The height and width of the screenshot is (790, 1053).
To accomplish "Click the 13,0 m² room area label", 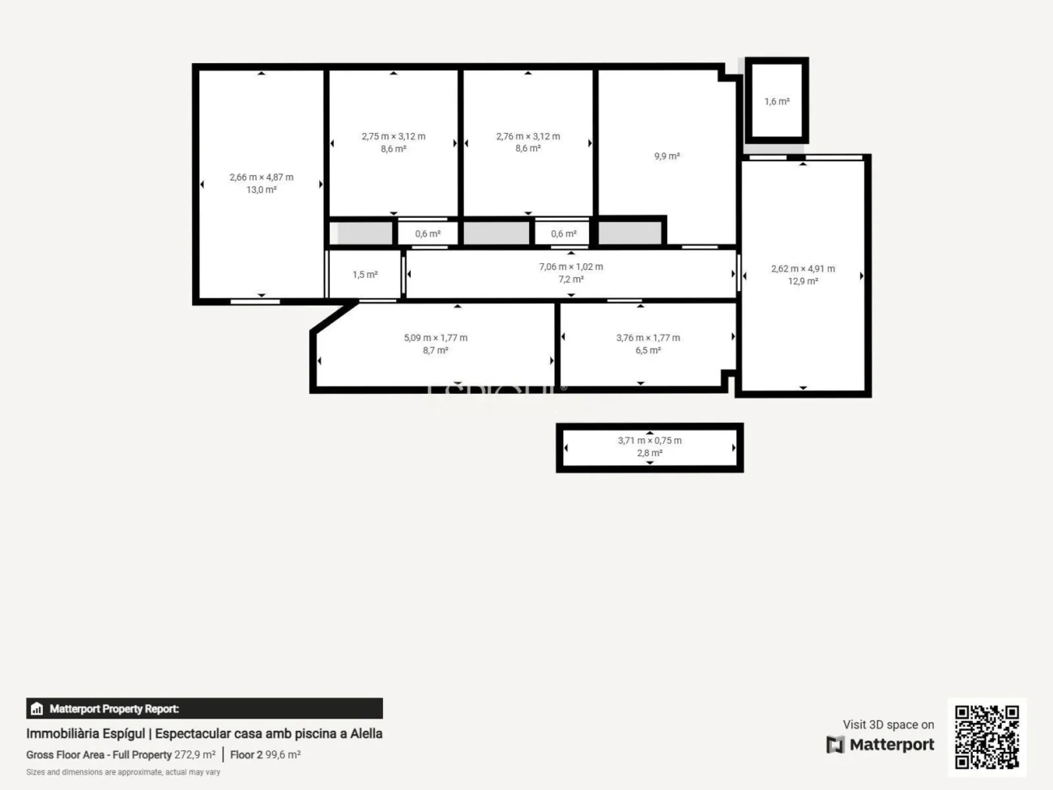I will (x=262, y=190).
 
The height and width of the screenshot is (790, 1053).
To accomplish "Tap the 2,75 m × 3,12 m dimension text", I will (x=394, y=136).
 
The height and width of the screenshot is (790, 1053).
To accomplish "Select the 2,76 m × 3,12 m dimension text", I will (x=528, y=136).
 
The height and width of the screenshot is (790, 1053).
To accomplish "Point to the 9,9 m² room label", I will (x=667, y=156).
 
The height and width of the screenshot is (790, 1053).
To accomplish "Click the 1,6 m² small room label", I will (x=777, y=102).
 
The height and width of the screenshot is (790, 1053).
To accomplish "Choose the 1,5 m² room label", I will (x=365, y=275).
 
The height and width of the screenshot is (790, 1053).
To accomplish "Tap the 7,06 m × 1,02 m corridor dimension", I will (x=571, y=267).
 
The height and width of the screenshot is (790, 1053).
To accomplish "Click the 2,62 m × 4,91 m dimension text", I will (x=803, y=268).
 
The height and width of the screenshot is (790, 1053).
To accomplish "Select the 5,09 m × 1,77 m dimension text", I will (x=436, y=338).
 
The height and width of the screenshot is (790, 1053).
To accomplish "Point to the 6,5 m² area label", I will (x=648, y=351).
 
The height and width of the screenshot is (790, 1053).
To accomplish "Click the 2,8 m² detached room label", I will (x=650, y=453).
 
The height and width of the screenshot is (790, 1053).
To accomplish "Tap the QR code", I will (x=987, y=737).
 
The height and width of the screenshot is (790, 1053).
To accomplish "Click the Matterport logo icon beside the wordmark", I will (x=835, y=745).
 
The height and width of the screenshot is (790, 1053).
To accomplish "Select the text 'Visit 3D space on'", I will (x=888, y=724).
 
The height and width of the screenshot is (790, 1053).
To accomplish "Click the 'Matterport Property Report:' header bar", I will (x=204, y=708).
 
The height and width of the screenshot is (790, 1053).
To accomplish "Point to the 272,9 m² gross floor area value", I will (x=195, y=754).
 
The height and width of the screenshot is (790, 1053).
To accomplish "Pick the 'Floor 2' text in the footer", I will (x=246, y=754).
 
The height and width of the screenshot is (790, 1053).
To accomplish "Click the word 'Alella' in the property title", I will (x=366, y=733).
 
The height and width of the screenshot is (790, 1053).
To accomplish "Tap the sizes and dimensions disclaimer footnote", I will (x=123, y=772).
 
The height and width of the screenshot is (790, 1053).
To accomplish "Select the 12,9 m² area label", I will (x=803, y=281).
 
